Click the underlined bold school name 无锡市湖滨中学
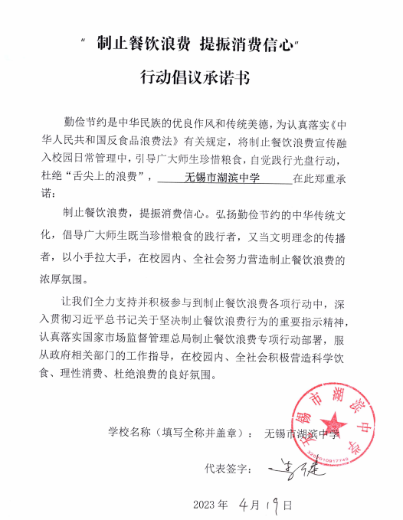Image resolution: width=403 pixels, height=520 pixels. click(223, 178)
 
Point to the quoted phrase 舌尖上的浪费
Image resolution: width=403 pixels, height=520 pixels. click(110, 178)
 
